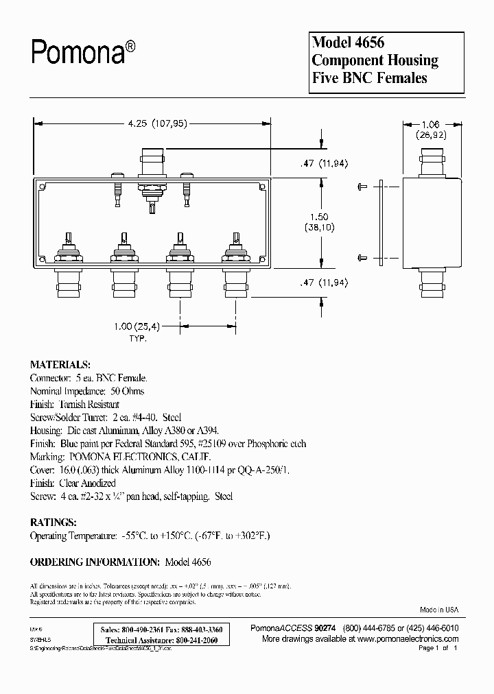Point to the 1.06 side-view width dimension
430,124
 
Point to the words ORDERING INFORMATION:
94,562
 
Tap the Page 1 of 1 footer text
437,648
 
